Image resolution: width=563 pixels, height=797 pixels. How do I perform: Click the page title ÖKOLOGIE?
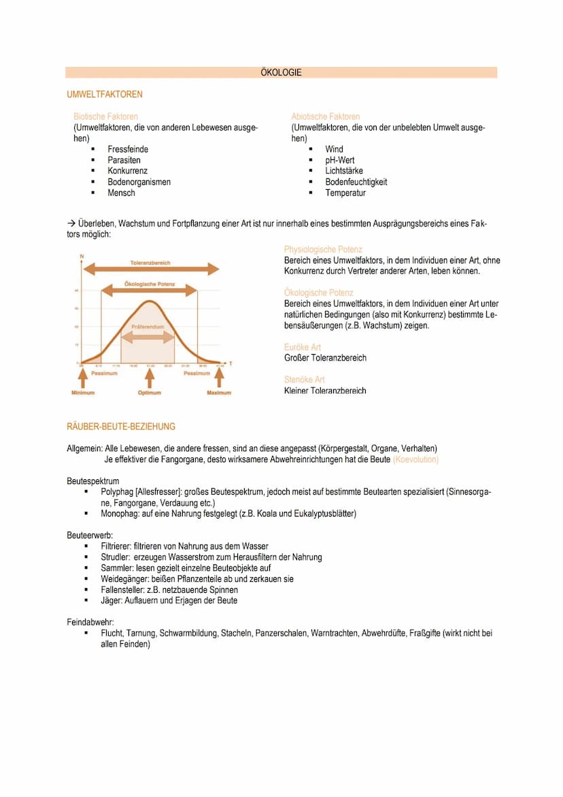281,72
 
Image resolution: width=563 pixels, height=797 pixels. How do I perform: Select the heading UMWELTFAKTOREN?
105,94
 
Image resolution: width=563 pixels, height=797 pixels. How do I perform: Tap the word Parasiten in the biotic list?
124,160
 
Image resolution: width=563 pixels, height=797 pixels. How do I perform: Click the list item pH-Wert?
339,160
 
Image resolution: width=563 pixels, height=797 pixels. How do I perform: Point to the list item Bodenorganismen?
139,182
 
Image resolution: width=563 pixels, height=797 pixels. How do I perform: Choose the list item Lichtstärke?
343,171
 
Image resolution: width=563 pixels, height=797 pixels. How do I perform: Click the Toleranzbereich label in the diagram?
150,263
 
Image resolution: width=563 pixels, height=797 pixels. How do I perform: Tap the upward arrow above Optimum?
150,378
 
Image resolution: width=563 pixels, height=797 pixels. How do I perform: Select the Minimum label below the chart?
83,393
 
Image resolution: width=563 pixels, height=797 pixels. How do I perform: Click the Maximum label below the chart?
218,393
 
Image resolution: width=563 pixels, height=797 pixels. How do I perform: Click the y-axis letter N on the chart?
82,255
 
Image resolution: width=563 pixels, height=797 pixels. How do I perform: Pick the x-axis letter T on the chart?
230,363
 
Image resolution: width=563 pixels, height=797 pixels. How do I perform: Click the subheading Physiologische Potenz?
323,250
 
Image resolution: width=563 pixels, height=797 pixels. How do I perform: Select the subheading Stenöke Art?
304,380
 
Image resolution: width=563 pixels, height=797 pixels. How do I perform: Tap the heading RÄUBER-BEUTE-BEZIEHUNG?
120,427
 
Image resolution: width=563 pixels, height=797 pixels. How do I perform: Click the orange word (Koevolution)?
415,459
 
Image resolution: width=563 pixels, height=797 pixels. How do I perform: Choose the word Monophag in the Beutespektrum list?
118,513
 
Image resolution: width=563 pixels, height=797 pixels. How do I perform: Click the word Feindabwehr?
90,622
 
